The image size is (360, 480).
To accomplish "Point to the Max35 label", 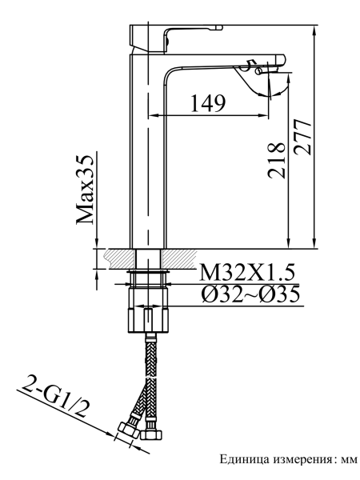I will [x=86, y=190].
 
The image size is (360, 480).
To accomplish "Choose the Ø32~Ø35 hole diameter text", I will [x=250, y=294].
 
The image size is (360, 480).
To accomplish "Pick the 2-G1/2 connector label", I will [x=56, y=399].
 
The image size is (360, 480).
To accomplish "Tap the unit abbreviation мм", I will [x=346, y=459].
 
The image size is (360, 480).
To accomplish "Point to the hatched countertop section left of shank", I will [x=116, y=258].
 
